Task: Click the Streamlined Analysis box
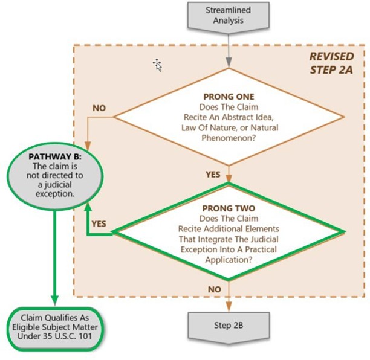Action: point(229,16)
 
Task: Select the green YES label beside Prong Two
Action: point(99,223)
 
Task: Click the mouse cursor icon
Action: point(158,65)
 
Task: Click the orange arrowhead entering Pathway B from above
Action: point(88,145)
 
